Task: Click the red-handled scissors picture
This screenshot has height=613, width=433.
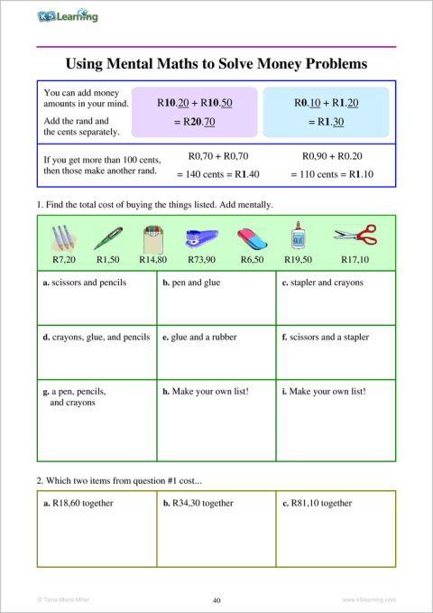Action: click(355, 236)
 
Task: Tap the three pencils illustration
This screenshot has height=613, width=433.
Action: click(60, 237)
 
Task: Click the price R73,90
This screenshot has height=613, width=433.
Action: click(201, 259)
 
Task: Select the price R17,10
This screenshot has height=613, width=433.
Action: click(355, 259)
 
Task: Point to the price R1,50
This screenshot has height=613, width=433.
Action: click(108, 259)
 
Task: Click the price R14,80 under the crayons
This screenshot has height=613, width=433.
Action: click(152, 259)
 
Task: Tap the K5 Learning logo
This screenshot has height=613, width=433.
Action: click(68, 16)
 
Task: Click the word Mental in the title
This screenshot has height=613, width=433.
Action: click(154, 65)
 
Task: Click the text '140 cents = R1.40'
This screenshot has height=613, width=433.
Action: click(217, 174)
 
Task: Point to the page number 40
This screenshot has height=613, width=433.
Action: click(216, 599)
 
